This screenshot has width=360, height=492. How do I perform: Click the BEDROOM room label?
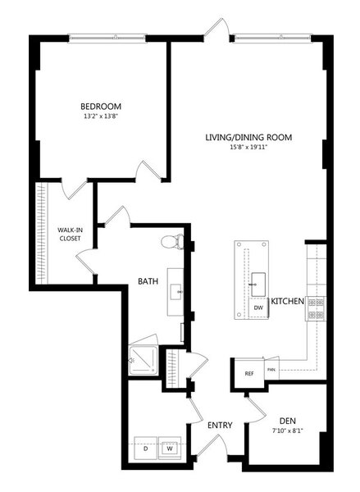coord(101,107)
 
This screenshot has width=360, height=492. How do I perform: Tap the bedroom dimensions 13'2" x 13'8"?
coord(101,116)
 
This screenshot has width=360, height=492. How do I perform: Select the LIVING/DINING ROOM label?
coord(248,138)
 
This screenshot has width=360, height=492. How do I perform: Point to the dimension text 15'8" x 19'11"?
coord(248,147)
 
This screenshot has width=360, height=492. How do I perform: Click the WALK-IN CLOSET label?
coord(70,234)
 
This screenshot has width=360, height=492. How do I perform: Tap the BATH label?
coord(148,281)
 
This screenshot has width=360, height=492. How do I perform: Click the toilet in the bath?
coord(172,242)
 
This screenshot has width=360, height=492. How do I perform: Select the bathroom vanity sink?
coord(175,292)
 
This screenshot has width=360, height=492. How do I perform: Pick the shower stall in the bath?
coord(143,360)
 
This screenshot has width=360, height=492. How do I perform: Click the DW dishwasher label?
coord(258,307)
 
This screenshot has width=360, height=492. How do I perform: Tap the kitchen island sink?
coord(258,285)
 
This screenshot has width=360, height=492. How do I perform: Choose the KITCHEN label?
coord(288,301)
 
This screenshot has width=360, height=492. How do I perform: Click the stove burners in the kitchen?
coord(316,308)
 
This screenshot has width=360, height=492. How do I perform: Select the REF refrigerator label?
coord(249,374)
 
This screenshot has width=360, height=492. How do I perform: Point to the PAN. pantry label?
coord(271,370)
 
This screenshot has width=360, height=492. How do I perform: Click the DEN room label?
coord(288,421)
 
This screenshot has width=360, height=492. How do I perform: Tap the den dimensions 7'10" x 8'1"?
coord(288,430)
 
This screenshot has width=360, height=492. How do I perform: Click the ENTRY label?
coord(220,425)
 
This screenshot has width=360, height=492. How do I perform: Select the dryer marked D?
coord(146,448)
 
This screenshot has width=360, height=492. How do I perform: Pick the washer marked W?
coord(170,448)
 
